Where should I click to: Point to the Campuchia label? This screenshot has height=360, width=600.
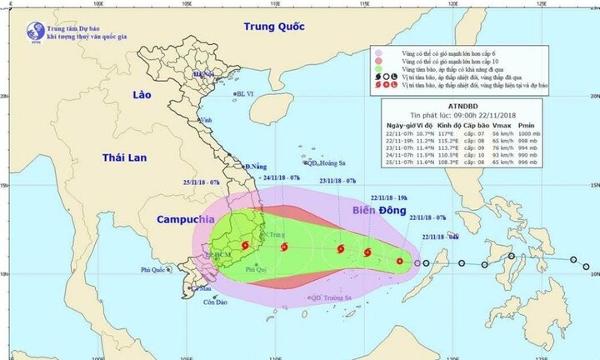click(x=180, y=220)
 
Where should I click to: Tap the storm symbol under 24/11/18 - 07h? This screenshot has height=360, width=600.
click(x=285, y=247)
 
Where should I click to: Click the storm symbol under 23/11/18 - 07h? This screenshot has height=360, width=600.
click(x=340, y=248)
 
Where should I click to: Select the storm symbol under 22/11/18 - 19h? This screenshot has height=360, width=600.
click(x=367, y=252)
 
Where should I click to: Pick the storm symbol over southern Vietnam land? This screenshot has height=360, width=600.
click(x=245, y=246)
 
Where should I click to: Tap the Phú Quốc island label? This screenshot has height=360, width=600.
click(x=156, y=270)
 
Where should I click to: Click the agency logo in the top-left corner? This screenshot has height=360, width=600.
click(x=35, y=31)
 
